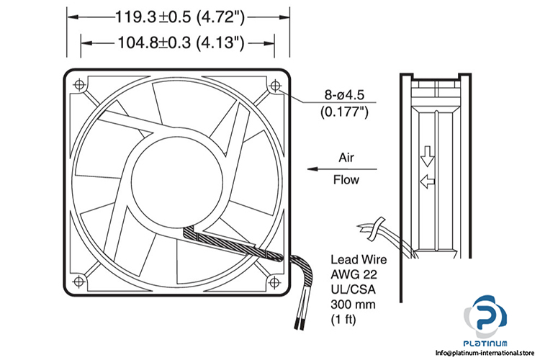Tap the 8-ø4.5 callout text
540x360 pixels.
tap(345, 94)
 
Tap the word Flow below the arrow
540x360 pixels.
tap(346, 180)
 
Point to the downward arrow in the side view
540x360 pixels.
tap(426, 153)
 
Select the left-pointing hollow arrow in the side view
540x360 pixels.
tap(427, 181)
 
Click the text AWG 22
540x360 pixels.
tap(353, 274)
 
